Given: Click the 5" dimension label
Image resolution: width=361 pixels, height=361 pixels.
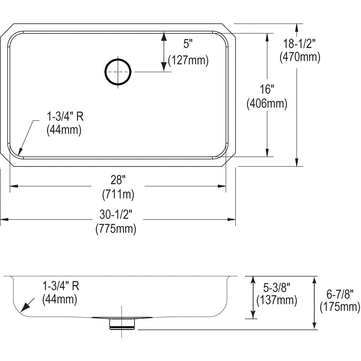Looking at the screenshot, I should (x=188, y=45).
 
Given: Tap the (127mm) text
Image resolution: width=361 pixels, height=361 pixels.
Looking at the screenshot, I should (x=188, y=61).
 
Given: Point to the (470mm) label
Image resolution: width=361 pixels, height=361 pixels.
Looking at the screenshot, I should (x=300, y=57).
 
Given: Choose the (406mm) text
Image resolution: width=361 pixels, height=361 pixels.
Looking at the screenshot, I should (x=267, y=104).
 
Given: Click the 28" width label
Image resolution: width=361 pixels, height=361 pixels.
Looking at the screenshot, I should (x=118, y=180).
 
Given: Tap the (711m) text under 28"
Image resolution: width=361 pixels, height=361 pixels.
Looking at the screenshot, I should (x=118, y=194).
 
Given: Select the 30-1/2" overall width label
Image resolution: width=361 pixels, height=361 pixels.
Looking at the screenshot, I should (x=116, y=215).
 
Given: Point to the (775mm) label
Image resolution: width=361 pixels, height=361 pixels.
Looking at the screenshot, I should (x=116, y=229).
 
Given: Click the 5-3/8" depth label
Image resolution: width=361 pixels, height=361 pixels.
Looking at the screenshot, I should (x=276, y=288).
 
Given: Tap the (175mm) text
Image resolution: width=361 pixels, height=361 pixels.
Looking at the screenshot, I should (x=340, y=307).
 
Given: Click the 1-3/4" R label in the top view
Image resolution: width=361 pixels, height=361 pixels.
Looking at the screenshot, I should (x=65, y=116).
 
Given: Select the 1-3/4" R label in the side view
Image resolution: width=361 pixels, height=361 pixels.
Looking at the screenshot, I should (x=60, y=286).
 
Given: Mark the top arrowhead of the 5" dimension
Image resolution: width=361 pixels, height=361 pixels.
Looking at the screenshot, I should (x=164, y=37).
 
